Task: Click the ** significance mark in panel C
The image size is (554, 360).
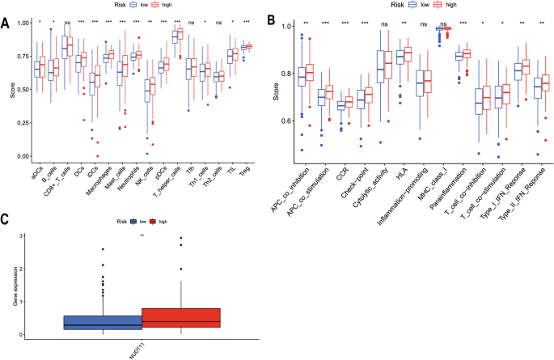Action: [x=142, y=235]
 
